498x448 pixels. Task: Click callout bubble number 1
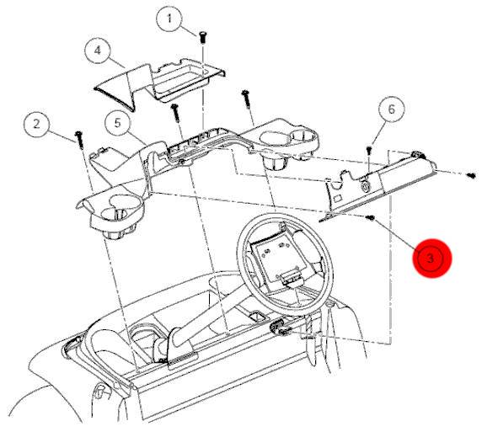(169, 19)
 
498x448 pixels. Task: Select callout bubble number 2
(37, 124)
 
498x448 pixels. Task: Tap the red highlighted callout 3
(431, 258)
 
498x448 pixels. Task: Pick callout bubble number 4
(98, 51)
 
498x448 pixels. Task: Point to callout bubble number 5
(118, 123)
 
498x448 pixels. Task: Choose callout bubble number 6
(392, 109)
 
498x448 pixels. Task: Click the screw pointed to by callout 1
(202, 37)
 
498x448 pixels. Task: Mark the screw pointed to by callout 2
(79, 140)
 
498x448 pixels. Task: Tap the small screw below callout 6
(369, 150)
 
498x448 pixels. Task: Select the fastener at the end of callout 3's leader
(370, 217)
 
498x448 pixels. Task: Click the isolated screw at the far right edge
(472, 175)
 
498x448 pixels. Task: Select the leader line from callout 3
(396, 233)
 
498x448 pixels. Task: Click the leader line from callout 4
(116, 62)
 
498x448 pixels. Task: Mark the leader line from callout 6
(378, 133)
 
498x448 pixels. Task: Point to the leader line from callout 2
(62, 135)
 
